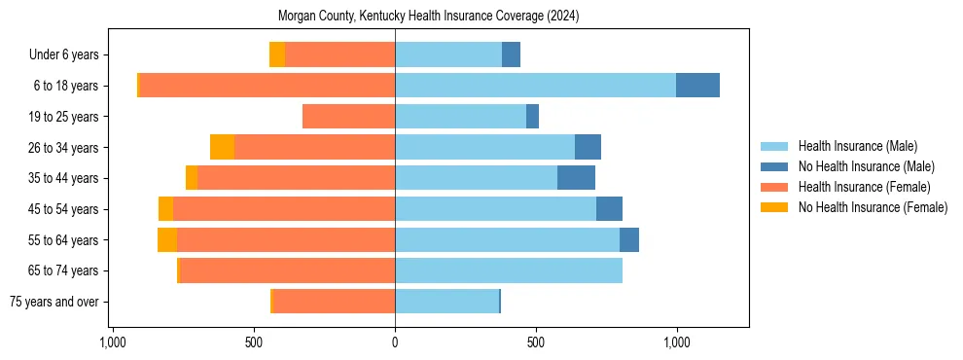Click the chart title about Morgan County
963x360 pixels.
428,17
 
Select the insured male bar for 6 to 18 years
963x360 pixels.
535,86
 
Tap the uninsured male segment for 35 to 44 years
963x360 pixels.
576,178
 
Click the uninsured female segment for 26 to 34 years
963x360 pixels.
222,147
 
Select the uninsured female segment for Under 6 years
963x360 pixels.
277,54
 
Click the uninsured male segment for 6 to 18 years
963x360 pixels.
697,86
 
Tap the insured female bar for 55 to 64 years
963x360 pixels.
286,239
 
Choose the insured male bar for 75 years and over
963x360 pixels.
446,302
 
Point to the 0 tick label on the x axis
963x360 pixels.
395,342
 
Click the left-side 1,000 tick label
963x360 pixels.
113,342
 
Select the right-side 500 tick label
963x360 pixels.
536,342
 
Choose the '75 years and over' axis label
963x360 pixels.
54,302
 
